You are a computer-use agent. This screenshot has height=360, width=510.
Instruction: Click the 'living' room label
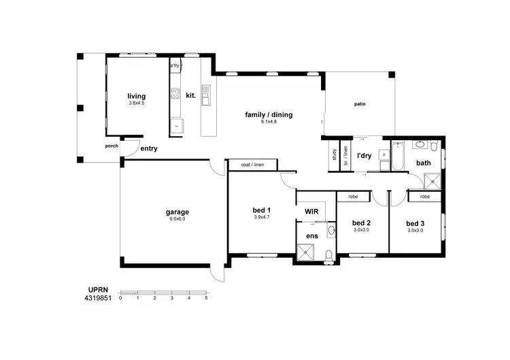pyautogui.click(x=137, y=96)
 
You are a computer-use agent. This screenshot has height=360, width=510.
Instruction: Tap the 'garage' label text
pyautogui.click(x=177, y=212)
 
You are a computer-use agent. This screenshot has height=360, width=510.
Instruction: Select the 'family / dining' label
pyautogui.click(x=269, y=114)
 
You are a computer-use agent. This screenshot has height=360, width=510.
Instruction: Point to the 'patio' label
pyautogui.click(x=360, y=104)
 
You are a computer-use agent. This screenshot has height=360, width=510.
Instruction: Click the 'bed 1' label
pyautogui.click(x=262, y=210)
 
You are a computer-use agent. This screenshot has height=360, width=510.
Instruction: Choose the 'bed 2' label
pyautogui.click(x=361, y=223)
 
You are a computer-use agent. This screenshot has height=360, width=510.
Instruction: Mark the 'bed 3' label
pyautogui.click(x=415, y=223)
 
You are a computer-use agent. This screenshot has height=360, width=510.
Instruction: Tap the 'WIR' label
pyautogui.click(x=312, y=212)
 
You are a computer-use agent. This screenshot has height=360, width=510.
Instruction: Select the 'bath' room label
pyautogui.click(x=424, y=163)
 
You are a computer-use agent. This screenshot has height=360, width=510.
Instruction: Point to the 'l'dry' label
pyautogui.click(x=364, y=156)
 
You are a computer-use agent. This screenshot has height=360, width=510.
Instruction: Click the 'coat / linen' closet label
pyautogui.click(x=252, y=165)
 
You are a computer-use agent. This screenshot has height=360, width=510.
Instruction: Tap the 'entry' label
pyautogui.click(x=148, y=148)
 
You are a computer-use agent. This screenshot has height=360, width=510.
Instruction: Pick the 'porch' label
pyautogui.click(x=112, y=146)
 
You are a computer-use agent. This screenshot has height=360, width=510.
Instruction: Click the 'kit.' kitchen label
pyautogui.click(x=190, y=96)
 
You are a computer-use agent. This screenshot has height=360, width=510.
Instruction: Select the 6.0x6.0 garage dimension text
pyautogui.click(x=177, y=219)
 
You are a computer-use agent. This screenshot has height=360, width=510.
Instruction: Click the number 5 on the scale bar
pyautogui.click(x=206, y=298)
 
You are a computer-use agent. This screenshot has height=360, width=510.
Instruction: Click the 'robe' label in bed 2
pyautogui.click(x=353, y=197)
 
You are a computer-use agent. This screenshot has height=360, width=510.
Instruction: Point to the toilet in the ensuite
pyautogui.click(x=329, y=255)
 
